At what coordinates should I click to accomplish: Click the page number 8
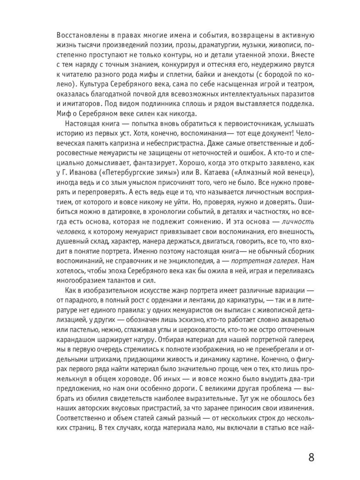(x=311, y=458)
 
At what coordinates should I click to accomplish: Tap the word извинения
(x=295, y=408)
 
